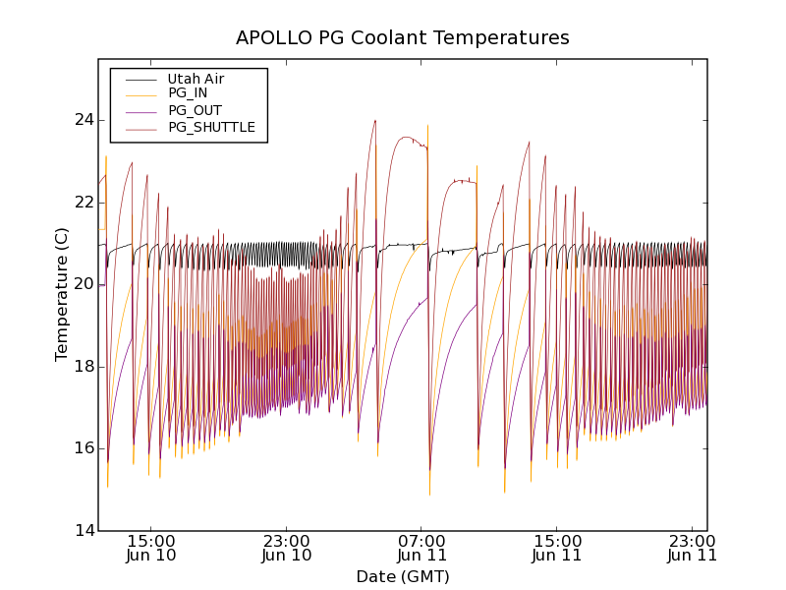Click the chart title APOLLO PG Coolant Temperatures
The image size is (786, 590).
pyautogui.click(x=403, y=38)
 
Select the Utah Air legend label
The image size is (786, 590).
pyautogui.click(x=196, y=79)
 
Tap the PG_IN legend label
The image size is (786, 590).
pyautogui.click(x=188, y=93)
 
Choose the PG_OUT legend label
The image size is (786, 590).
pyautogui.click(x=195, y=110)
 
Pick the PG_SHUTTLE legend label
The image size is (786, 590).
pyautogui.click(x=211, y=127)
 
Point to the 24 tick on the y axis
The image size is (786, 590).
pyautogui.click(x=82, y=120)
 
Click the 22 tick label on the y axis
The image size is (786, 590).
pyautogui.click(x=82, y=202)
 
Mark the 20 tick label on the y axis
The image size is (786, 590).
pyautogui.click(x=82, y=284)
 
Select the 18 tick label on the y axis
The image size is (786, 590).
pyautogui.click(x=82, y=366)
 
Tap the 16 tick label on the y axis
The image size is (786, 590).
pyautogui.click(x=82, y=448)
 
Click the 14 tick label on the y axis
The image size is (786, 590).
pyautogui.click(x=82, y=530)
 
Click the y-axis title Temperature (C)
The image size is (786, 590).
pyautogui.click(x=62, y=295)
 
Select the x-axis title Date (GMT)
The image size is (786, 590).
pyautogui.click(x=403, y=576)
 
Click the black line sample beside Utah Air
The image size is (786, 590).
pyautogui.click(x=140, y=79)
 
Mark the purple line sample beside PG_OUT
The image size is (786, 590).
pyautogui.click(x=140, y=111)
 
